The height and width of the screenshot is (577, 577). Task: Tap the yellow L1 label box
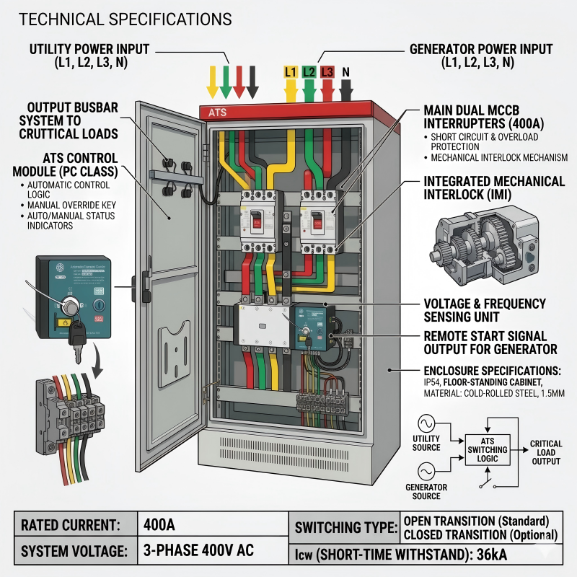(291, 72)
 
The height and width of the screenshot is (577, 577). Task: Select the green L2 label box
(309, 72)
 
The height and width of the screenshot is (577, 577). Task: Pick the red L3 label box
(327, 72)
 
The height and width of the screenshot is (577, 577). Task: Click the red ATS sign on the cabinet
(217, 113)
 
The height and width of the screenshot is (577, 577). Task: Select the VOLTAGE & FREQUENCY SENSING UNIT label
(485, 310)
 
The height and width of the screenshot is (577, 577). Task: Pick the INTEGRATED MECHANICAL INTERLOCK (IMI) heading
(495, 187)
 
